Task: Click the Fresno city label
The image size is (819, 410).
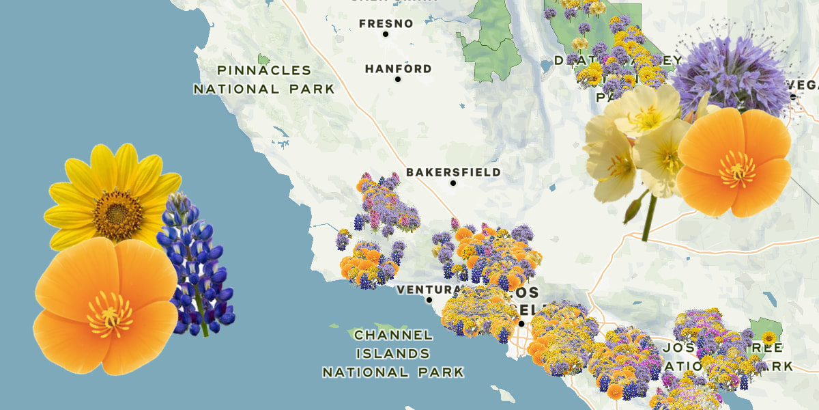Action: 386,23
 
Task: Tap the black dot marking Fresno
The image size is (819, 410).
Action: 385,34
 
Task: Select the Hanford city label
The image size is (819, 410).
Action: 398,68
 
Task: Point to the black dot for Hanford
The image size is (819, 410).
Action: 398,79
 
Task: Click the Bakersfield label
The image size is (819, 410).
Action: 453,172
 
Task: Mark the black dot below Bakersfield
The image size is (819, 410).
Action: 452,183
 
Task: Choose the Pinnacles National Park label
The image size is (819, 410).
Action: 264,79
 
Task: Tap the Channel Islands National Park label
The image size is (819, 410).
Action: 393,354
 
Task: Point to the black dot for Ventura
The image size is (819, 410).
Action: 429,300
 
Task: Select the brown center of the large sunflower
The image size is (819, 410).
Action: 118,215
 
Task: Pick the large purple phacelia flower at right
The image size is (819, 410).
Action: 730,75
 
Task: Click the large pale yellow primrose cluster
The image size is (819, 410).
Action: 635,143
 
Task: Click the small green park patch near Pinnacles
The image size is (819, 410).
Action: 263,59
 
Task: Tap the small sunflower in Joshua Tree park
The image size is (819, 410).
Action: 768,338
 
